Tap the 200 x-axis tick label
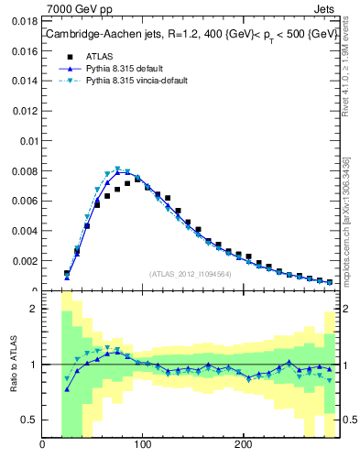243,446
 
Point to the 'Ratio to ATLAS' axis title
12,365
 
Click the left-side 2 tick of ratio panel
32,309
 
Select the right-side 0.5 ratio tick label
348,420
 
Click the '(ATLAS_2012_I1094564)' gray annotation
190,273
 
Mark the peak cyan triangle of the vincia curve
117,169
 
